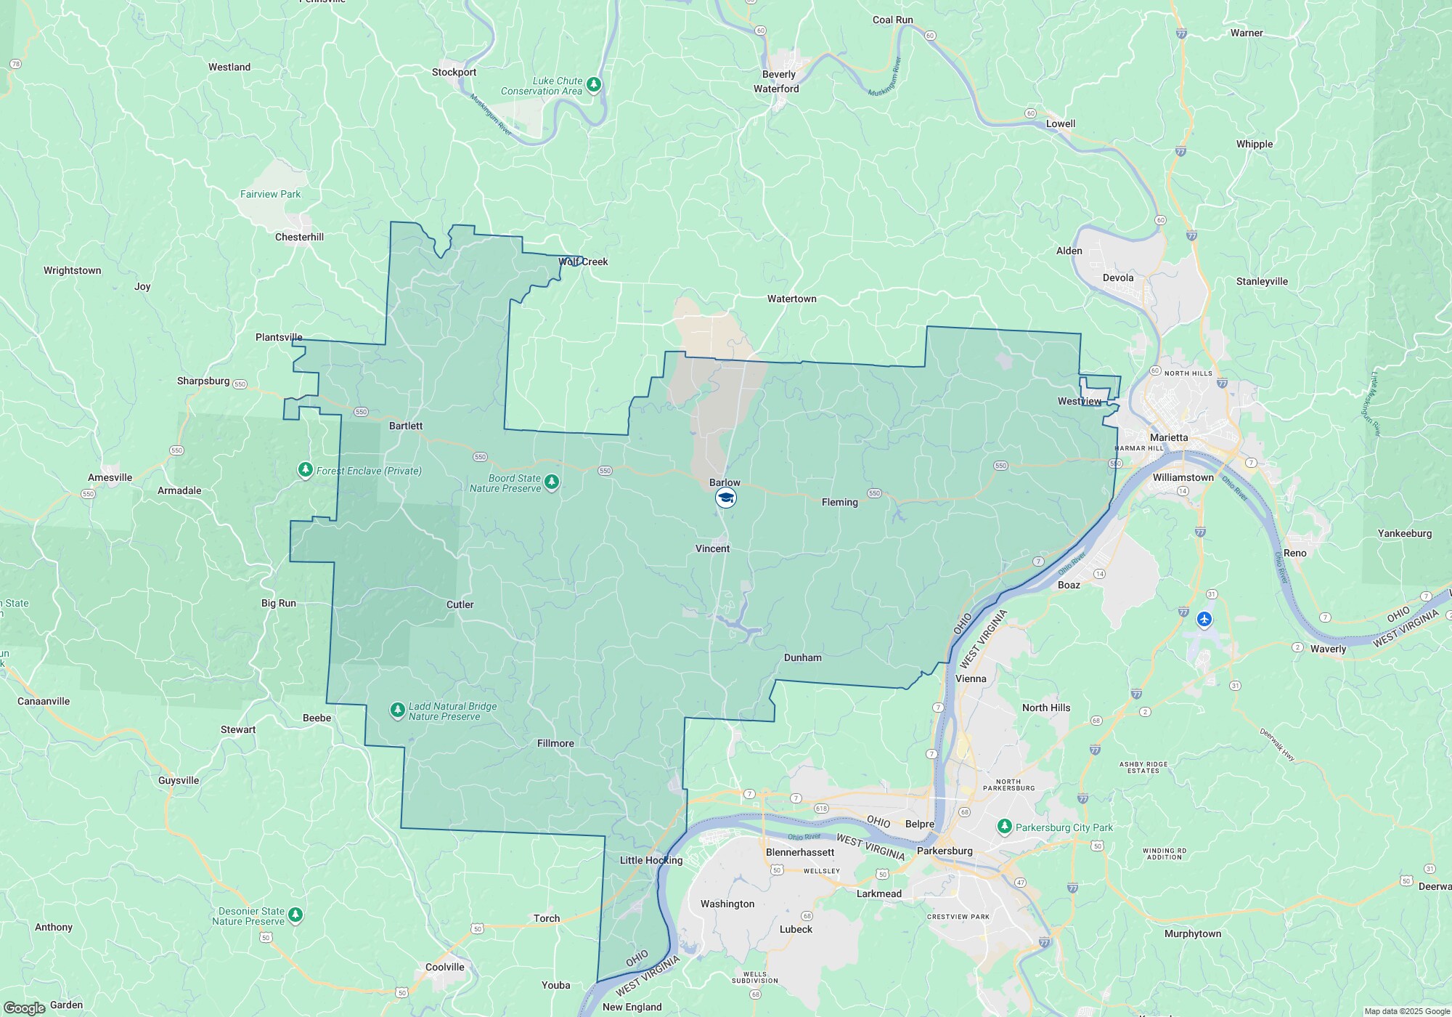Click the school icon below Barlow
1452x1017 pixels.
(726, 498)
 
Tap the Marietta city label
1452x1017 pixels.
(1169, 437)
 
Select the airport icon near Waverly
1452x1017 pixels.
(1204, 620)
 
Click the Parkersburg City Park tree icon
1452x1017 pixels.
(1005, 827)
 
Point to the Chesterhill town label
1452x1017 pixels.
(299, 237)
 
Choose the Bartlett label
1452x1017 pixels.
(405, 426)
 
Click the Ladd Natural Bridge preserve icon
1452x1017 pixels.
(397, 710)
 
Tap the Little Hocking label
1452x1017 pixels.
(651, 860)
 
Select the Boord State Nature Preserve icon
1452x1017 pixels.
(552, 482)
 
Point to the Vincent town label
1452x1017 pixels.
(712, 548)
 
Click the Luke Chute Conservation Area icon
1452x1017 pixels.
(594, 85)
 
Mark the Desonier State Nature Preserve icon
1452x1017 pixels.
(295, 915)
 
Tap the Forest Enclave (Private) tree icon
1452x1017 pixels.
(306, 470)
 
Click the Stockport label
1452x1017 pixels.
(454, 72)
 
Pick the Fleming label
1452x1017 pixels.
(839, 502)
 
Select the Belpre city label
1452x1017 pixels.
(919, 824)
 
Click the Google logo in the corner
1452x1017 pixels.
(24, 1008)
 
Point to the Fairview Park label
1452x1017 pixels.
(270, 194)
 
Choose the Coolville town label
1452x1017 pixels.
(444, 967)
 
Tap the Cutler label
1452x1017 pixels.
(460, 604)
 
